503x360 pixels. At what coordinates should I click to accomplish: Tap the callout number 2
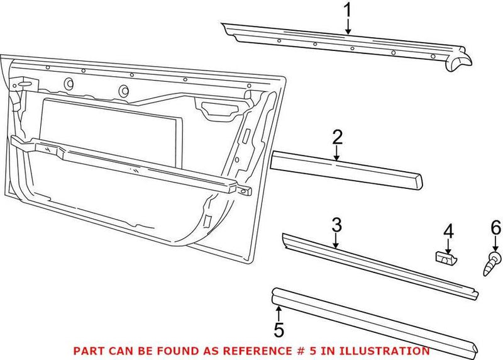click(x=337, y=137)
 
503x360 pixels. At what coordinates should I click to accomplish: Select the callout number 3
click(x=336, y=224)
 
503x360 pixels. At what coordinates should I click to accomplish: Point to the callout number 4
click(x=447, y=231)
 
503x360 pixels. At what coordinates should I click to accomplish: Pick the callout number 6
click(x=496, y=227)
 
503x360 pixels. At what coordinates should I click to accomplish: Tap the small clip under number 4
click(x=446, y=257)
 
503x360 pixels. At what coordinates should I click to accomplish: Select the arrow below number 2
click(x=337, y=155)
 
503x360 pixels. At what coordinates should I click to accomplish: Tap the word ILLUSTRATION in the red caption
click(x=391, y=351)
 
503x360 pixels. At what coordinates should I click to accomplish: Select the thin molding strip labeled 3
click(x=377, y=263)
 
